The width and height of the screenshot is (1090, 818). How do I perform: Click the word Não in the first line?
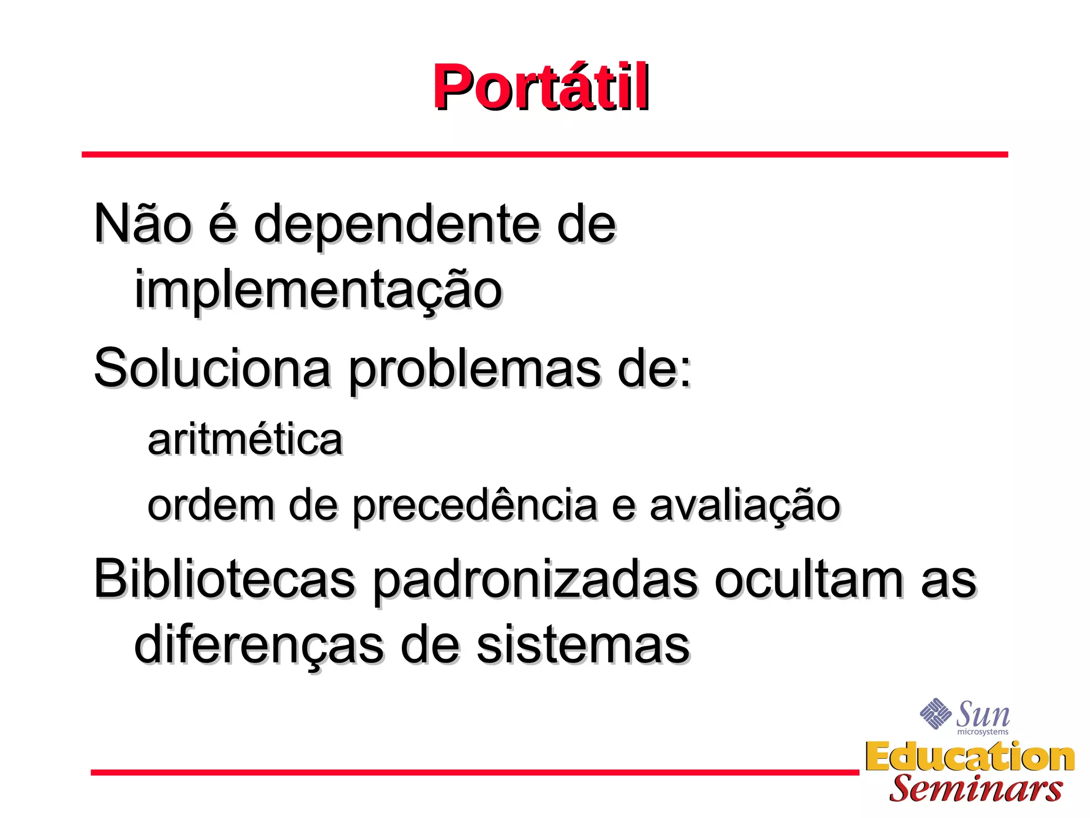142,224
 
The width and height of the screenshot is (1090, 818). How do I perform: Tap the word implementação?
318,291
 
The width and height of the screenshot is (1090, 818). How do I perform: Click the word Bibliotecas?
224,579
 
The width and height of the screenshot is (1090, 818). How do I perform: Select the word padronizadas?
534,581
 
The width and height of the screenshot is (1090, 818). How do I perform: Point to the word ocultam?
808,579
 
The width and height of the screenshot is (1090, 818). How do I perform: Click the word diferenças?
258,645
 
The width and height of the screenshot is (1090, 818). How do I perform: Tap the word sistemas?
583,645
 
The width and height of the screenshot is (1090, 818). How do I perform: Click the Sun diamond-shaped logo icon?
935,714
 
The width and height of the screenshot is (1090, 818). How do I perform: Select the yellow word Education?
970,757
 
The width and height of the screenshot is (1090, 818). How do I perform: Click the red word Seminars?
976,789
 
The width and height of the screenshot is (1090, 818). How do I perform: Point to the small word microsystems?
982,732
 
